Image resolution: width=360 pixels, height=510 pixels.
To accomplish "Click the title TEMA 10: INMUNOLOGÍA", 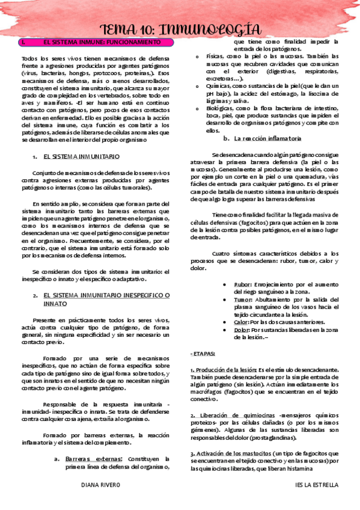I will pyautogui.click(x=180, y=29).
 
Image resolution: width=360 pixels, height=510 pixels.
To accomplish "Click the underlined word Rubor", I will pyautogui.click(x=242, y=283).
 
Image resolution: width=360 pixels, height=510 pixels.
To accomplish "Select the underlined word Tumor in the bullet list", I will pyautogui.click(x=243, y=299).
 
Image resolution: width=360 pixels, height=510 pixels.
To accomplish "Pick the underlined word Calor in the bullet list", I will pyautogui.click(x=241, y=322).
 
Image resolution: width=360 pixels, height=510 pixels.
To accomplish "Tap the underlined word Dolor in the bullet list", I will pyautogui.click(x=242, y=330).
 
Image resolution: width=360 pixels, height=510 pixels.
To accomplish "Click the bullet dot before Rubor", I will pyautogui.click(x=224, y=284).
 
